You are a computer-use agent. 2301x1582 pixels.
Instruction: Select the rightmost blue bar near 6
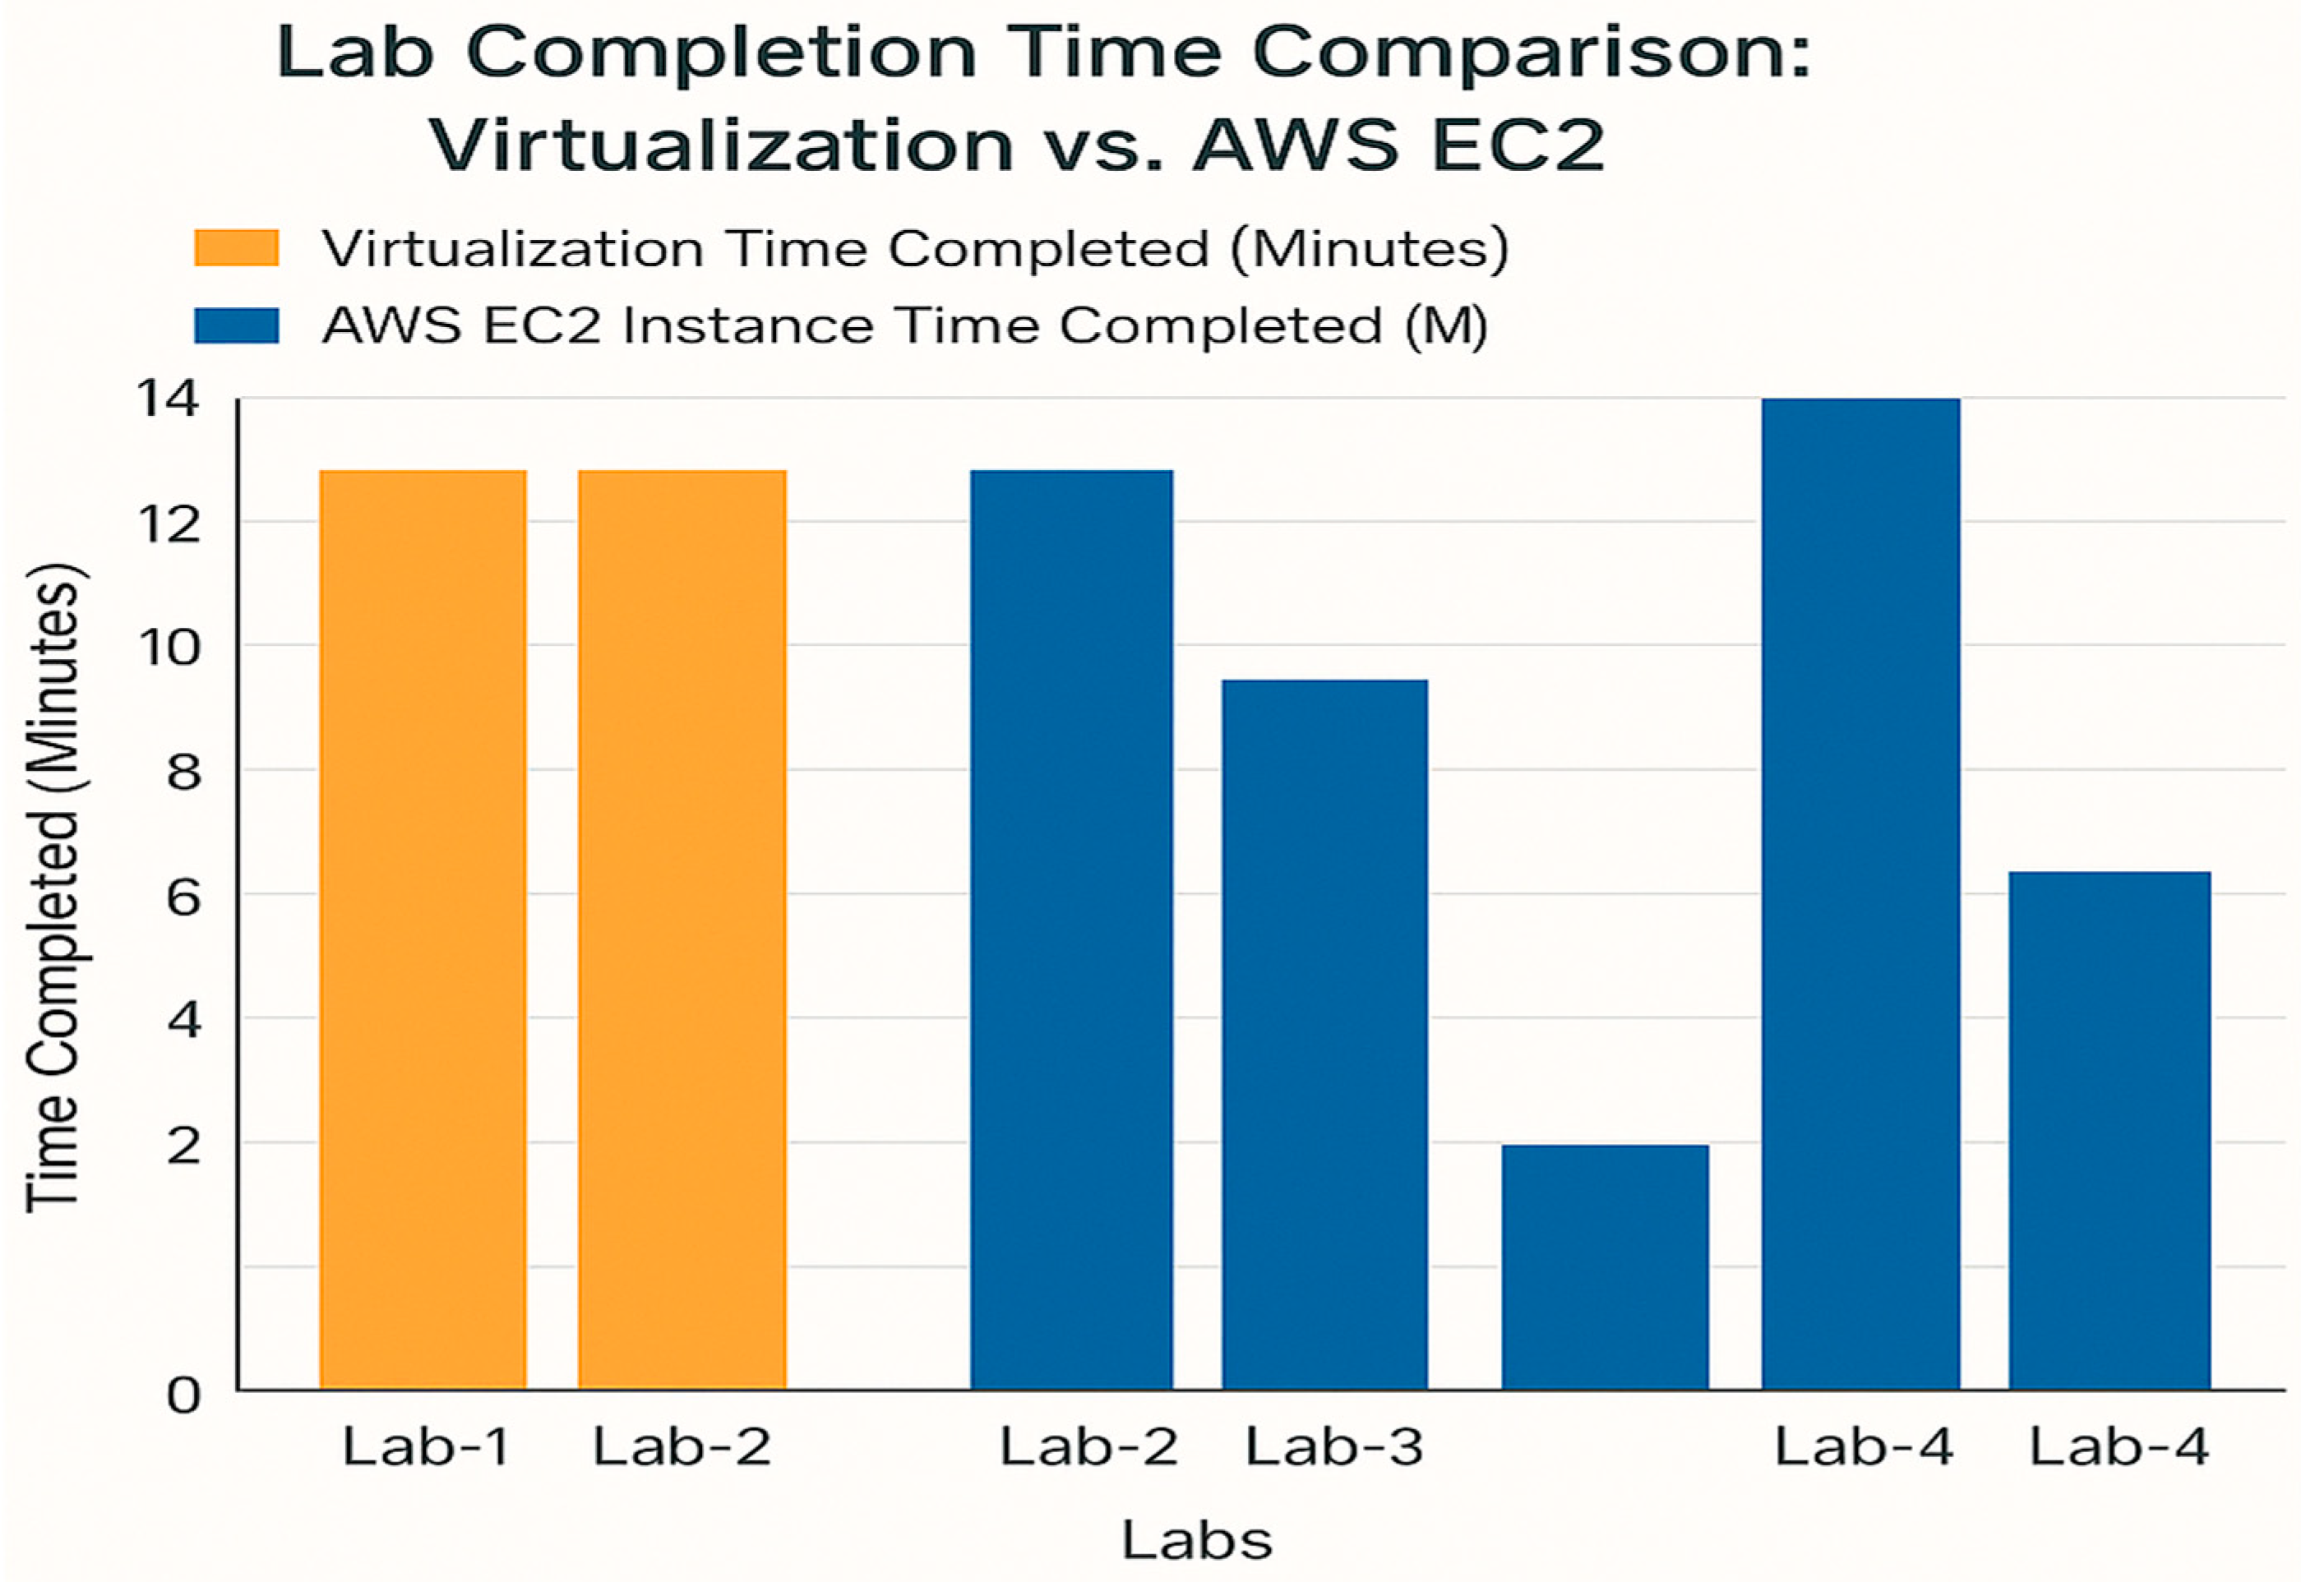[2109, 1129]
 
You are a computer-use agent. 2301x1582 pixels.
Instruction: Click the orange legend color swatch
[236, 248]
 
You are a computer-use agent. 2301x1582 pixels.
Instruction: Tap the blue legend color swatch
[236, 326]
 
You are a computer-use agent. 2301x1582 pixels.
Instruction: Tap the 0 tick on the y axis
[183, 1395]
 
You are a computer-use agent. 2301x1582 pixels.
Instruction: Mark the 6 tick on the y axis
[183, 897]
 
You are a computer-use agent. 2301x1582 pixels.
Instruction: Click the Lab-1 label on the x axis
[427, 1446]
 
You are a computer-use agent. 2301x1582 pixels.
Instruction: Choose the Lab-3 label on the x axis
[1333, 1446]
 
